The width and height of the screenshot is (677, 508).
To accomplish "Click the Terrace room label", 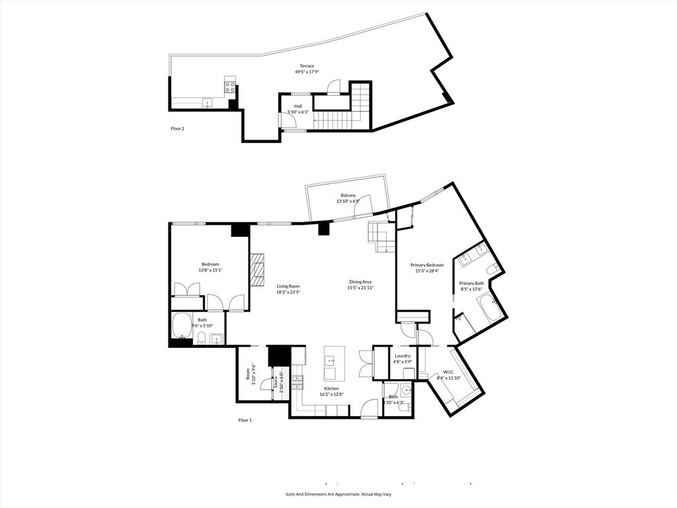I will (x=307, y=65).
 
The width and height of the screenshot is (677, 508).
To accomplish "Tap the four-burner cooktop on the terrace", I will (x=230, y=85).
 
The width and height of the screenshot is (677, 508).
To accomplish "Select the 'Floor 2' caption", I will (x=177, y=128).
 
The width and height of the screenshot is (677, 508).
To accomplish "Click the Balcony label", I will (x=348, y=195).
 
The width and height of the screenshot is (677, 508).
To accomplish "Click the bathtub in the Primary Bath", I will (x=490, y=309).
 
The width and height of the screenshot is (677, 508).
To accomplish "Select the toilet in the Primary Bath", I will (x=493, y=269).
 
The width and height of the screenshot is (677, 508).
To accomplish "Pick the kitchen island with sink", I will (x=331, y=366).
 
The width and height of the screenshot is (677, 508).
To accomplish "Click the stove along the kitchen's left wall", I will (x=298, y=381).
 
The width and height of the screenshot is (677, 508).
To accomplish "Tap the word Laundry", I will (x=403, y=356).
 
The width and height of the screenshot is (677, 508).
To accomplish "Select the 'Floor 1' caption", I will (x=245, y=420).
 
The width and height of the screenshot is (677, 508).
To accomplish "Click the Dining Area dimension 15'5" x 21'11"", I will (x=362, y=288).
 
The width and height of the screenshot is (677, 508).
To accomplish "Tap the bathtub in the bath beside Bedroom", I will (x=182, y=325).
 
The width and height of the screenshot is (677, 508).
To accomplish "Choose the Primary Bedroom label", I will (x=427, y=265).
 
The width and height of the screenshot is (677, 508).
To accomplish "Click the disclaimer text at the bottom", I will (x=338, y=494).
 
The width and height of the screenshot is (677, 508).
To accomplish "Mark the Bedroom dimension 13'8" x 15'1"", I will (x=210, y=270).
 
